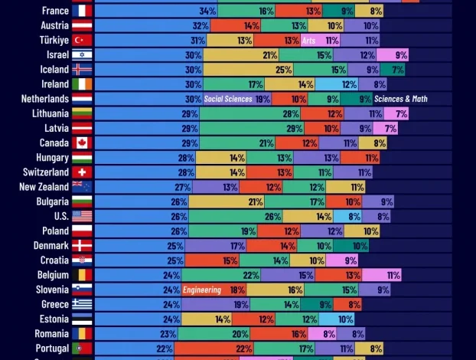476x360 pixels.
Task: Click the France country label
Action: (55, 11)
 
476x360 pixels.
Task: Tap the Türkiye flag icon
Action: (82, 40)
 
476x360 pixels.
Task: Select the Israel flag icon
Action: (82, 54)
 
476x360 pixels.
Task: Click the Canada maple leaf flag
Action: (82, 142)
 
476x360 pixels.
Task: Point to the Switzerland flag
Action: (82, 172)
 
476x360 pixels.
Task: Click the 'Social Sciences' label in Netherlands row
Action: (228, 99)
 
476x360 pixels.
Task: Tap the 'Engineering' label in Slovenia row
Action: (203, 290)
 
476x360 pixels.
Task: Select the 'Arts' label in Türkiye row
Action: (309, 40)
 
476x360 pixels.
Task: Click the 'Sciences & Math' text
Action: (401, 99)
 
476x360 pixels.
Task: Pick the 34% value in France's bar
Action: (207, 11)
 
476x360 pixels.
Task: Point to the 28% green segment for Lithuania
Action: (291, 113)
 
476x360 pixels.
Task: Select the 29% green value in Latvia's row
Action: (294, 128)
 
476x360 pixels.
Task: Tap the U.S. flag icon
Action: (82, 216)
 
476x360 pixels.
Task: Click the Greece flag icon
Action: (82, 304)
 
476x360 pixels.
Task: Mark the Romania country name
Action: (51, 333)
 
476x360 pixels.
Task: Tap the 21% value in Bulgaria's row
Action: (256, 201)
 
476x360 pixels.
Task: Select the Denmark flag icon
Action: (82, 246)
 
